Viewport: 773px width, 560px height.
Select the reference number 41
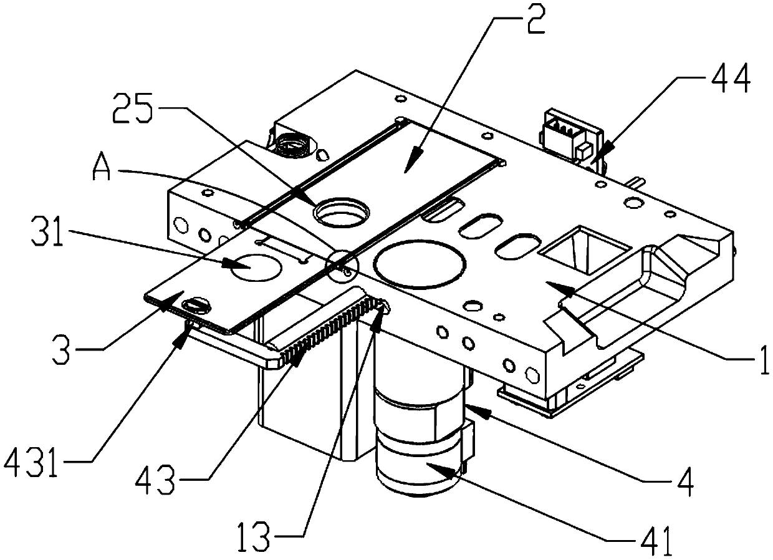click(655, 540)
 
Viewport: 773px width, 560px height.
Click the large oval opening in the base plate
click(420, 264)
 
